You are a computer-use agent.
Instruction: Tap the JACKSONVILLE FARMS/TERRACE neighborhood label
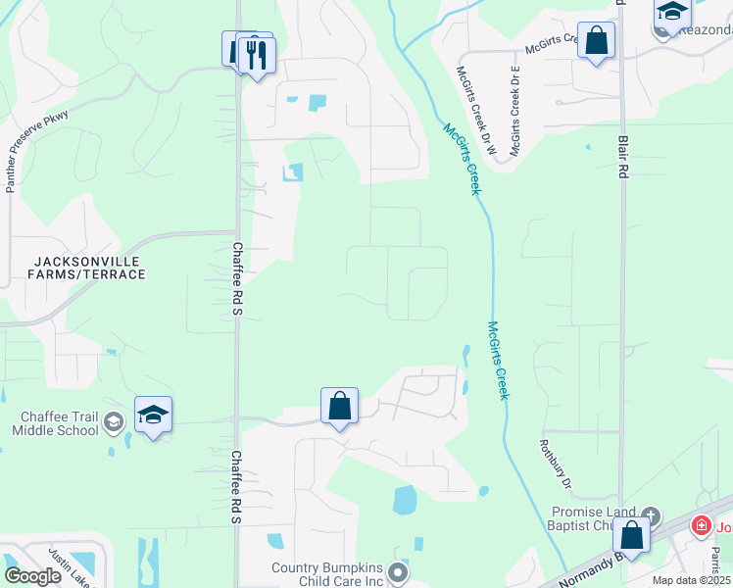(89, 268)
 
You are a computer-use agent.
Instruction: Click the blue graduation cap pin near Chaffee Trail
(153, 416)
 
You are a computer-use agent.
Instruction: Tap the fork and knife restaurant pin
(257, 55)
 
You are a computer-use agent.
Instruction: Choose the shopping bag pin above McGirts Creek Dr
(596, 41)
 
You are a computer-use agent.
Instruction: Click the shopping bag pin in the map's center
(339, 405)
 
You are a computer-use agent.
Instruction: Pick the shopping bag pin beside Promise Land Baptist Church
(632, 536)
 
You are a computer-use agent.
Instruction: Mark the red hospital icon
(702, 525)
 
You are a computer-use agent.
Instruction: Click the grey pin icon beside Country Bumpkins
(397, 570)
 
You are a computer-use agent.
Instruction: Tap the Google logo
(33, 576)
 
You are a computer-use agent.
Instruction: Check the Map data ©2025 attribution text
(690, 580)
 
